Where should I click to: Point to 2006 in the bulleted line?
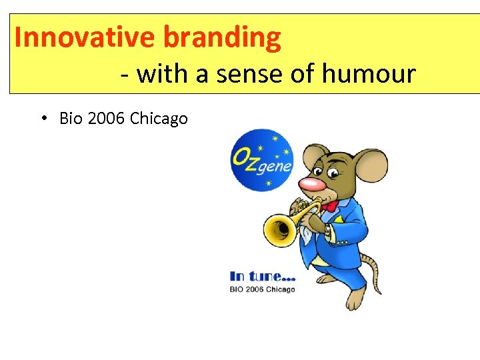coord(105,119)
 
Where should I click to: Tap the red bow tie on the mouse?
coord(329,205)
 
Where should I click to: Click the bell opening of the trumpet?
coord(279,229)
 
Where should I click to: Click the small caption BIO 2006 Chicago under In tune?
coord(262,289)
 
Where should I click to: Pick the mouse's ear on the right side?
coord(371,166)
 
